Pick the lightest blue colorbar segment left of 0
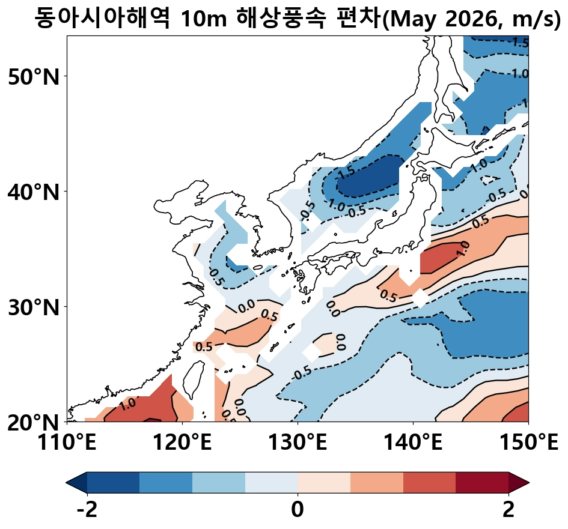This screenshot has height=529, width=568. pyautogui.click(x=271, y=482)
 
